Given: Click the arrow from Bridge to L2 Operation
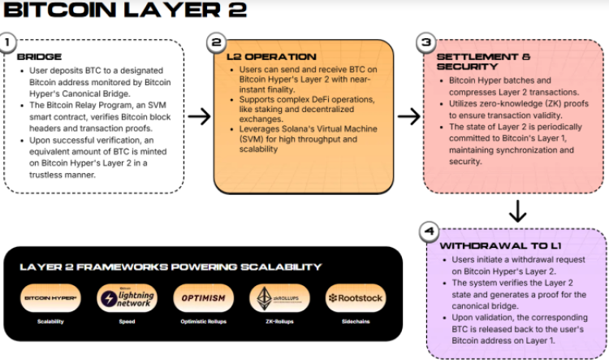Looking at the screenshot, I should point(199,117).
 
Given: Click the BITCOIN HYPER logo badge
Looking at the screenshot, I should point(50,298).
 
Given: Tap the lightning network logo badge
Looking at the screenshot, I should point(127,298).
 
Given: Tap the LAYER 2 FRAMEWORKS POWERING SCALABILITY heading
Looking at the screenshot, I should point(171,267).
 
